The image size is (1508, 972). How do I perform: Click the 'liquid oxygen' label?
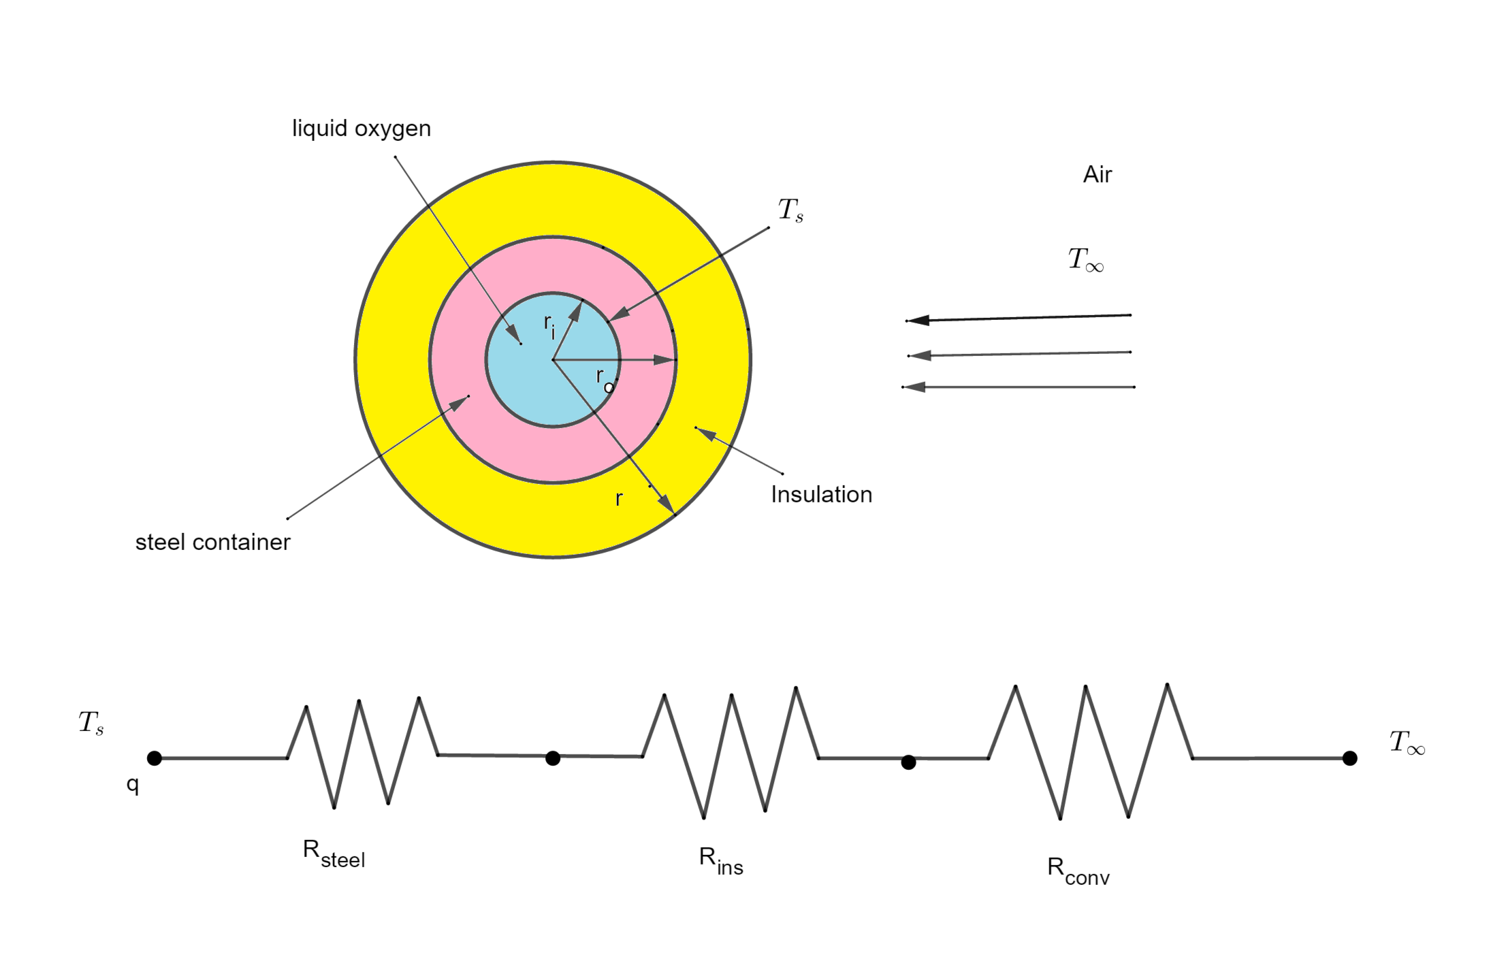point(361,129)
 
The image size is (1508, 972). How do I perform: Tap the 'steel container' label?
point(212,542)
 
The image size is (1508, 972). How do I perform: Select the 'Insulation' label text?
point(821,495)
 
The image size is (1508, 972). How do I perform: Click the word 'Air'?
point(1097,175)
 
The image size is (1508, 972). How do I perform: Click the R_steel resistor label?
point(334,854)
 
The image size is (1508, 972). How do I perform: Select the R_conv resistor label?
point(1078,871)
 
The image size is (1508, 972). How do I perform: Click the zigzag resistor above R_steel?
point(362,753)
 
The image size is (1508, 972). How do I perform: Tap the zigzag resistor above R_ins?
point(731,754)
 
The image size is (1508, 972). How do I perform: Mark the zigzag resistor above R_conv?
point(1090,752)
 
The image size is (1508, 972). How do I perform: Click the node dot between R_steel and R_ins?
point(553,758)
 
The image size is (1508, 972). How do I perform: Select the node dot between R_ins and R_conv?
point(908,762)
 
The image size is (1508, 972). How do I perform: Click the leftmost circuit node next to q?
point(155,758)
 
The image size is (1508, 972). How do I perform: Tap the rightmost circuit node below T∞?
point(1349,758)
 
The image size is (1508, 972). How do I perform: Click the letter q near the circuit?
point(133,785)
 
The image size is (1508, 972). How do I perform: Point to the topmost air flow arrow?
point(1018,318)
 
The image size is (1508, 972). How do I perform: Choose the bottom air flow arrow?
point(1018,387)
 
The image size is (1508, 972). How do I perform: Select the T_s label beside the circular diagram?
point(790,210)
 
